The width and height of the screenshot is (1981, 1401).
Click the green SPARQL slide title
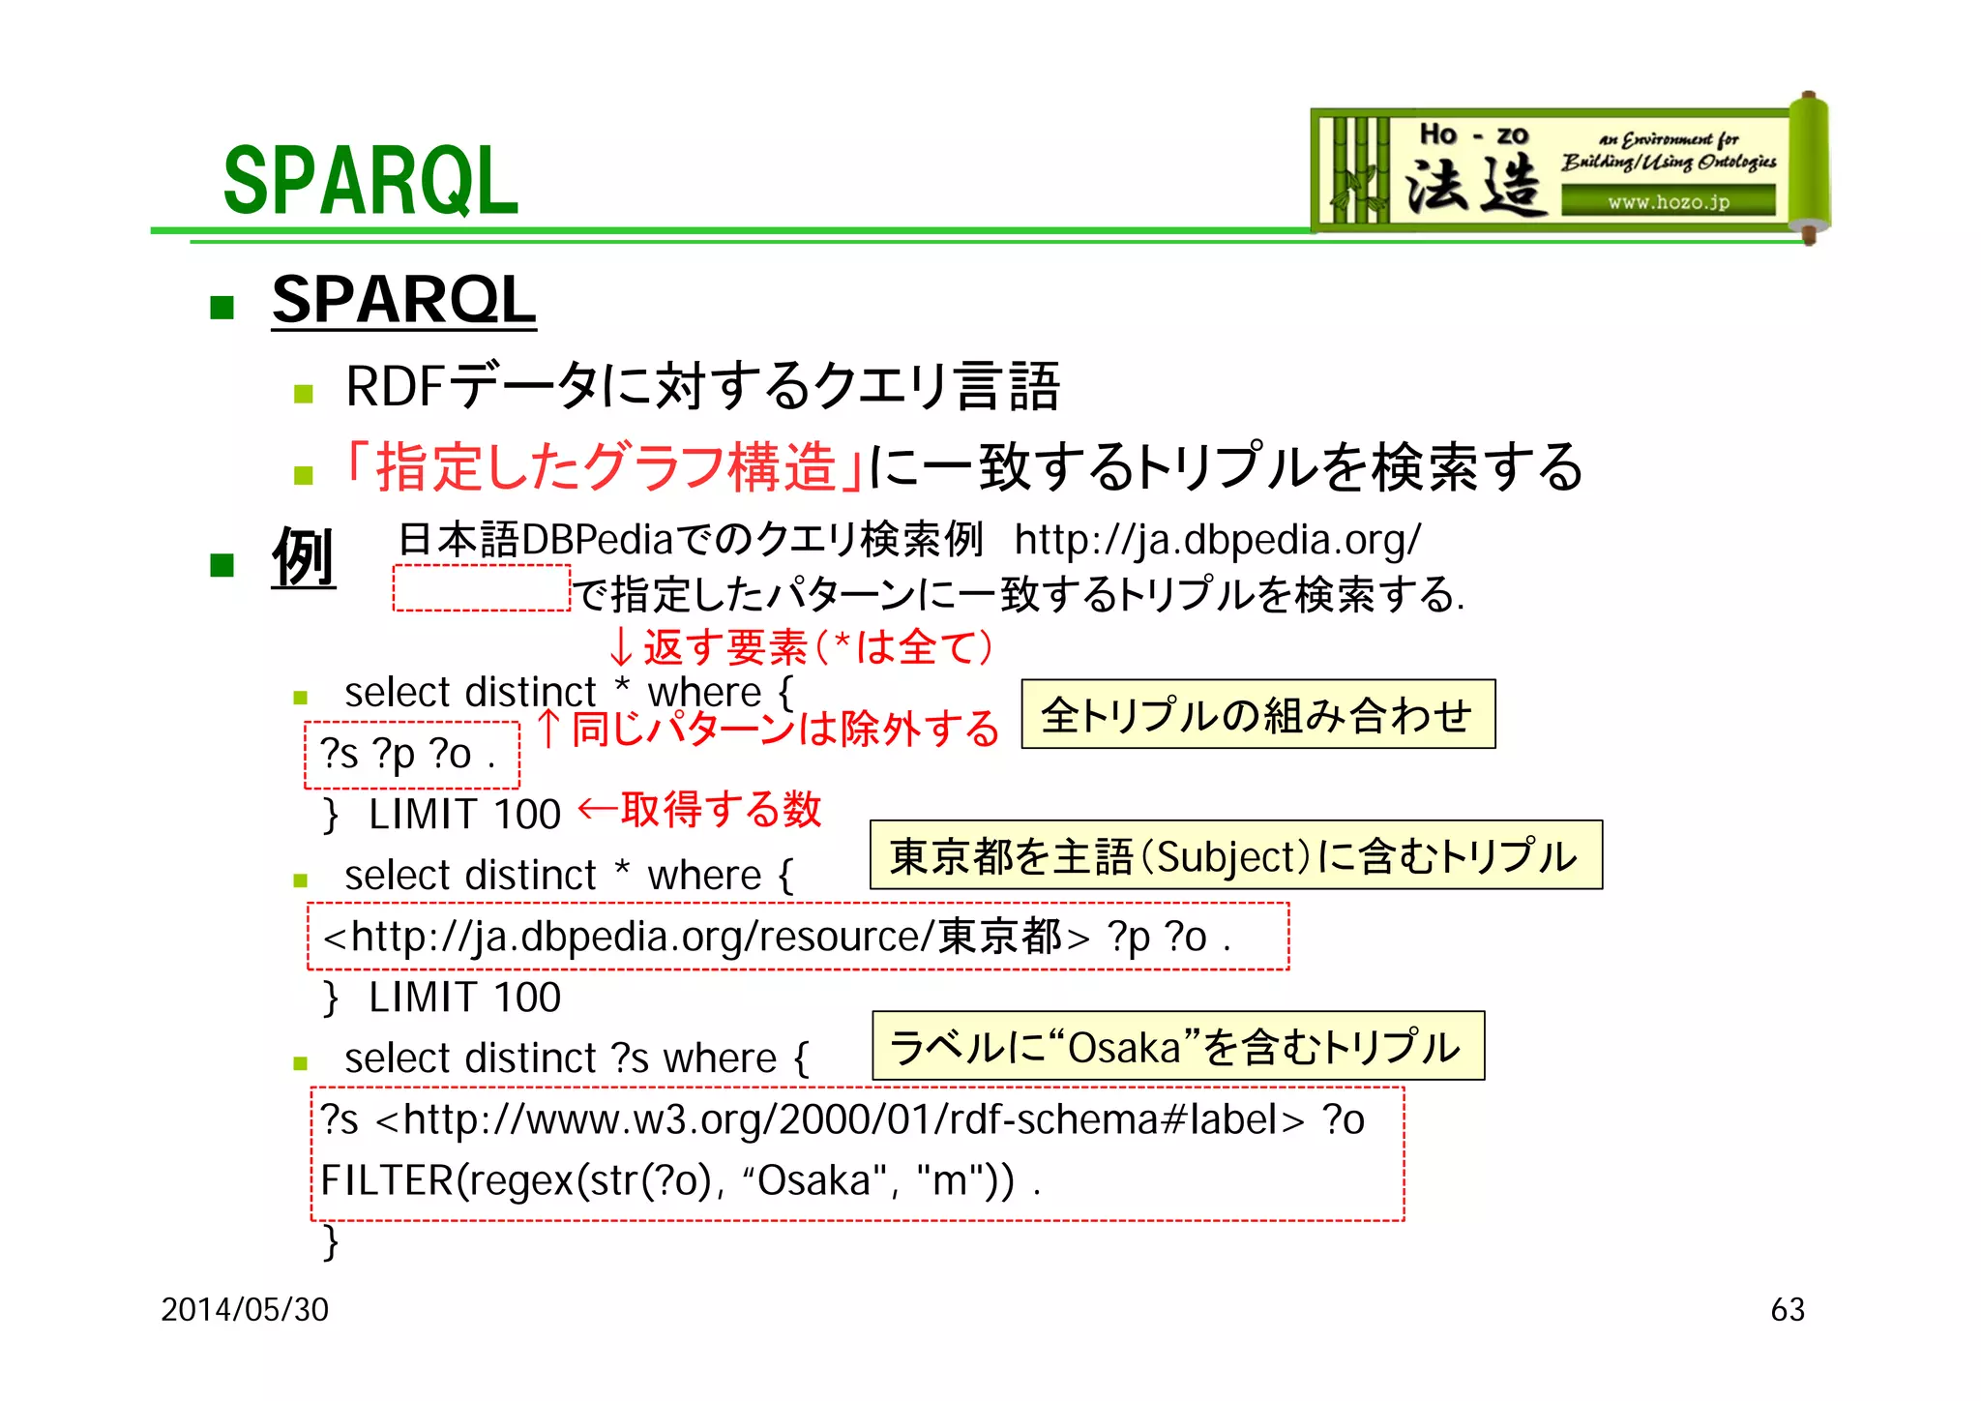pos(370,181)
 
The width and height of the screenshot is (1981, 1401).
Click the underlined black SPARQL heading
pos(403,300)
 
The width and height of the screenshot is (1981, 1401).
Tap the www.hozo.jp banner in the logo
pos(1668,202)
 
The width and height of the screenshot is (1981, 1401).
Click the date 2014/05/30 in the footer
pos(245,1309)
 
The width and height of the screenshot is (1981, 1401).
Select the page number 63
pos(1787,1309)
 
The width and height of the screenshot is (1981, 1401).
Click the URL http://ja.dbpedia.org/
pos(1217,540)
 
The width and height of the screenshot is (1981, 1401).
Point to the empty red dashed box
pos(481,588)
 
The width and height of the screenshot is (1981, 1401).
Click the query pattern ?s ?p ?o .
pos(410,755)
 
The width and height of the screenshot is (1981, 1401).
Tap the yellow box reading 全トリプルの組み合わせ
pos(1257,715)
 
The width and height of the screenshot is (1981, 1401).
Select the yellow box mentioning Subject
pos(1235,855)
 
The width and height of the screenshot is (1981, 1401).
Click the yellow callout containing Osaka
pos(1177,1046)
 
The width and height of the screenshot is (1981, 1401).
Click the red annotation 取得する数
pos(720,810)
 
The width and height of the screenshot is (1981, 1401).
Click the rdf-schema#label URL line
pos(842,1119)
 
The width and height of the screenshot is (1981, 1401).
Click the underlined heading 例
pos(303,558)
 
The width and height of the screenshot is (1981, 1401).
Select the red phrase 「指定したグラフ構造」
pos(604,466)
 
